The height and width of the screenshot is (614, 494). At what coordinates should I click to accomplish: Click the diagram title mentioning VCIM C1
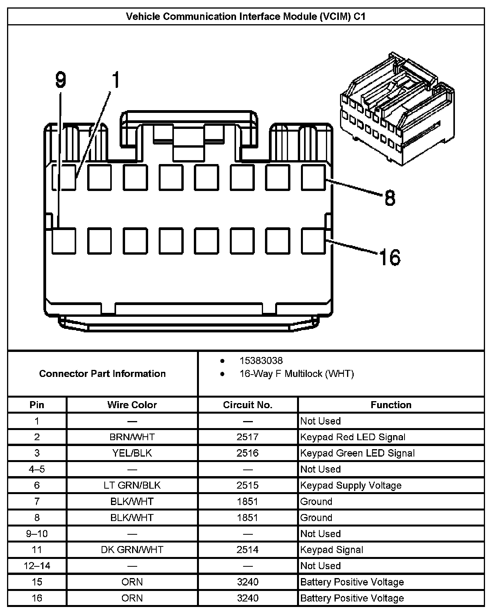click(x=245, y=16)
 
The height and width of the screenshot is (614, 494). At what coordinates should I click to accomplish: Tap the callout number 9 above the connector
click(x=61, y=80)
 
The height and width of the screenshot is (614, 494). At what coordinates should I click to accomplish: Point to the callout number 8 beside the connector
click(x=390, y=198)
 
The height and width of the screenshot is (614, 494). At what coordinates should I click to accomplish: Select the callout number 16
click(x=390, y=257)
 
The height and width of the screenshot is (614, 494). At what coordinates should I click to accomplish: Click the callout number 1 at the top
click(x=115, y=80)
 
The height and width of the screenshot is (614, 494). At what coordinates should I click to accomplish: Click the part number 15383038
click(x=261, y=361)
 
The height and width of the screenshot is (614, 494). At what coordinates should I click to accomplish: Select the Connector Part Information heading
click(x=102, y=373)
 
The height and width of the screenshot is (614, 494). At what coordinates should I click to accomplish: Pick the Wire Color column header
click(x=132, y=405)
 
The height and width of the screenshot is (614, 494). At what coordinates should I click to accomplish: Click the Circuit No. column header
click(x=247, y=405)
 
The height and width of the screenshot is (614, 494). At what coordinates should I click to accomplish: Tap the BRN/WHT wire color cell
click(x=132, y=437)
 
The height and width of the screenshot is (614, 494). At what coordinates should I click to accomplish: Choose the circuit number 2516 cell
click(x=247, y=453)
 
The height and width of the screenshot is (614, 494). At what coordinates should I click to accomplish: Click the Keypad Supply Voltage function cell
click(x=351, y=485)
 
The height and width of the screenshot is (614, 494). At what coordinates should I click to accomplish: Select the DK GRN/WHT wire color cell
click(x=132, y=550)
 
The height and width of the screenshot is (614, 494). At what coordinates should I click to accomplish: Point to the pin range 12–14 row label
click(x=37, y=566)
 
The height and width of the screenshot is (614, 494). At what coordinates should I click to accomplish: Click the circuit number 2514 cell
click(x=247, y=550)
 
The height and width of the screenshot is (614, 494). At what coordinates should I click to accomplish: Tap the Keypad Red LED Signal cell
click(x=353, y=437)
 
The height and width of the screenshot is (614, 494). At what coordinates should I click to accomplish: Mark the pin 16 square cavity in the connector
click(x=313, y=241)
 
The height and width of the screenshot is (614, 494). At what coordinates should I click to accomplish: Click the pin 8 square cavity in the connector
click(x=313, y=177)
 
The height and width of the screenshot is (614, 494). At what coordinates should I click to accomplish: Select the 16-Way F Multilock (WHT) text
click(x=297, y=374)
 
